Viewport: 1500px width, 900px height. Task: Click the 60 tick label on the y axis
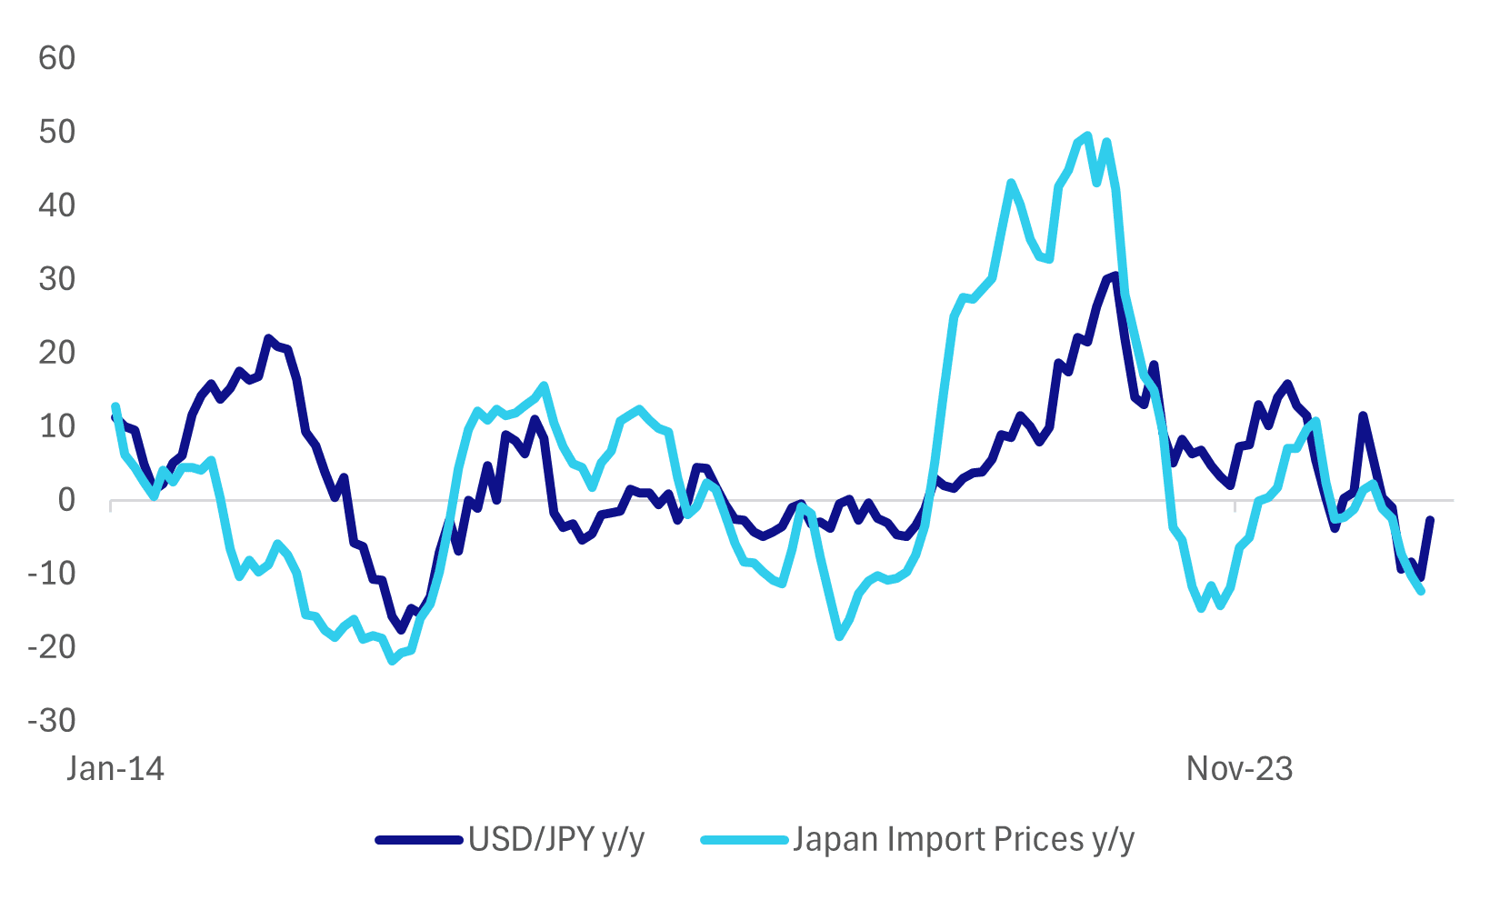pyautogui.click(x=56, y=58)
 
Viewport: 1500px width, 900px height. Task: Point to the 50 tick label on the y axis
pyautogui.click(x=56, y=132)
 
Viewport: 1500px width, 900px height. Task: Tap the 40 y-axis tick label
pyautogui.click(x=56, y=205)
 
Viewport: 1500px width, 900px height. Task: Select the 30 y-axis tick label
pyautogui.click(x=56, y=279)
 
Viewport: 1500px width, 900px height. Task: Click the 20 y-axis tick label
pyautogui.click(x=56, y=353)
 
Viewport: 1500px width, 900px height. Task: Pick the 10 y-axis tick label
pyautogui.click(x=56, y=426)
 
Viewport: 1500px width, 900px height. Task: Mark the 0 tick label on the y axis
pyautogui.click(x=66, y=500)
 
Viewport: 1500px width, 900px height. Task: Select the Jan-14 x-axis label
pyautogui.click(x=115, y=769)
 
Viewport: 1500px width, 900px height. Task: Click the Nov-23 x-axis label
pyautogui.click(x=1239, y=769)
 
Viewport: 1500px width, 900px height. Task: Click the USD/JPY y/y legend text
pyautogui.click(x=556, y=839)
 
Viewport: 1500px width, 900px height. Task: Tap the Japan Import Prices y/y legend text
pyautogui.click(x=964, y=839)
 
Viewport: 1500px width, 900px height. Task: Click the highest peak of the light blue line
pyautogui.click(x=1087, y=135)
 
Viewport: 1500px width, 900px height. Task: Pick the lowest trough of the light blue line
pyautogui.click(x=393, y=661)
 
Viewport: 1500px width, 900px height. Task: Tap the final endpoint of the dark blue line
pyautogui.click(x=1431, y=520)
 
